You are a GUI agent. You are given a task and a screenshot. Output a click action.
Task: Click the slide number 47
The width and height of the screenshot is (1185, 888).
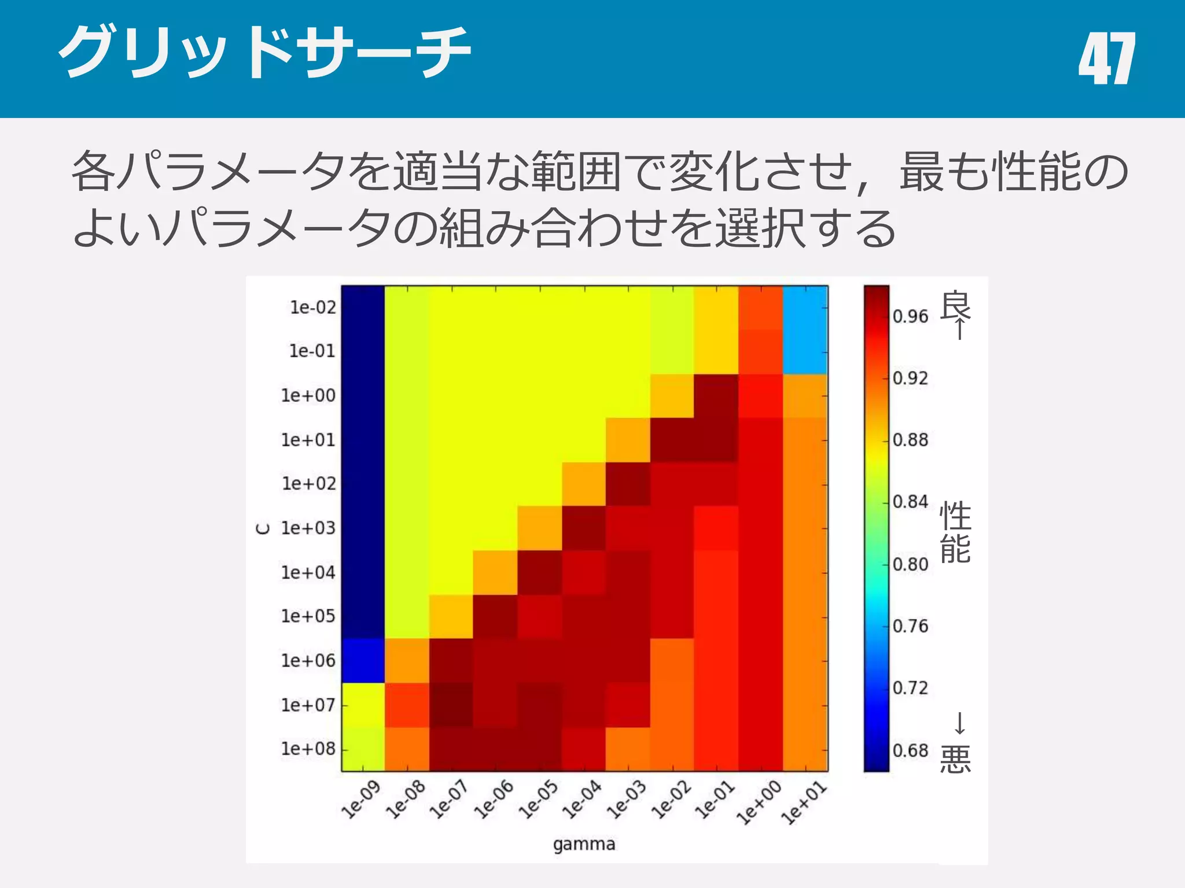(1106, 58)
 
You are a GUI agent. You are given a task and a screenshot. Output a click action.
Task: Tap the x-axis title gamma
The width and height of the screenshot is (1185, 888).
(584, 844)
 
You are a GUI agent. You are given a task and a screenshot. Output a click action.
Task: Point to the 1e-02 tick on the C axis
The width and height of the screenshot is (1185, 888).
(312, 308)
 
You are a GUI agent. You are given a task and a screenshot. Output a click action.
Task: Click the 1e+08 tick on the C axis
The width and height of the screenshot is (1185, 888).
(308, 749)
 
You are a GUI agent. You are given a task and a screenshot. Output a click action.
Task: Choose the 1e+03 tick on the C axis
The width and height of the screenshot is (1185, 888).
(308, 528)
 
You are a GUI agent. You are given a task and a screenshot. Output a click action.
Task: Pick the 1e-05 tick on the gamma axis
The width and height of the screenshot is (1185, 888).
(538, 800)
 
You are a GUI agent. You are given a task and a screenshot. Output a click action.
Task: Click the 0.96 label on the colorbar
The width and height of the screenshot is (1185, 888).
(910, 316)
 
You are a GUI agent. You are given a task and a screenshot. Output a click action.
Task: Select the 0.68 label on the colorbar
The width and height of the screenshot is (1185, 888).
(910, 750)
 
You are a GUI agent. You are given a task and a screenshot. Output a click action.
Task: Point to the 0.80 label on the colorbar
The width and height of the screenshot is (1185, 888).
(910, 564)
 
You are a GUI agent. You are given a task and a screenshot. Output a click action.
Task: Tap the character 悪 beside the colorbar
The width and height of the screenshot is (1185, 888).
(955, 759)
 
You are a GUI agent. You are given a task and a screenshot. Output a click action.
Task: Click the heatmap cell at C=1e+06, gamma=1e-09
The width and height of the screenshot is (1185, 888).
(363, 660)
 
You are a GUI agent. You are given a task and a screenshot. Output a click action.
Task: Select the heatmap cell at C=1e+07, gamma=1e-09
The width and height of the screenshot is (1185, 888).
(363, 705)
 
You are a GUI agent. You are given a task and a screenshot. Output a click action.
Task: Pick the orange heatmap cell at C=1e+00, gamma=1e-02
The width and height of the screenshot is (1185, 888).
(672, 396)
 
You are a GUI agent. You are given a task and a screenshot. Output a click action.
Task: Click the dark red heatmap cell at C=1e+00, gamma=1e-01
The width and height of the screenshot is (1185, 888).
(716, 396)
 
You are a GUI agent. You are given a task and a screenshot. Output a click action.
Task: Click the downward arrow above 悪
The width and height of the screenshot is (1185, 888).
(959, 723)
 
